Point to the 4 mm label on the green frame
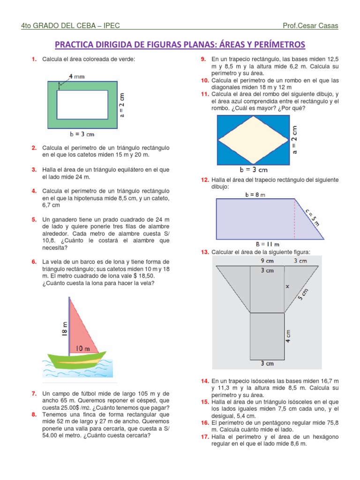(77, 75)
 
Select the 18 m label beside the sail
(64, 328)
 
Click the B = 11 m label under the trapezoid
(268, 244)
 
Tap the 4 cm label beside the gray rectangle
(289, 335)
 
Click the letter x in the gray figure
(287, 285)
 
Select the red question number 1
(34, 60)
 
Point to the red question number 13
(205, 252)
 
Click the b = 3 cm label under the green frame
(82, 135)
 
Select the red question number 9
(203, 60)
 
